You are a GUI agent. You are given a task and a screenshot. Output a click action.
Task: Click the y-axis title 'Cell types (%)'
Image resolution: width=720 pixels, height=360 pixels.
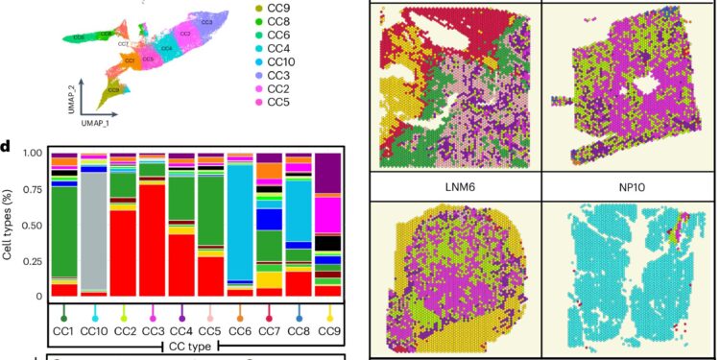[x=9, y=224]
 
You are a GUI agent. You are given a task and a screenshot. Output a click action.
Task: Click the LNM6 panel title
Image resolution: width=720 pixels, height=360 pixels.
[x=454, y=186]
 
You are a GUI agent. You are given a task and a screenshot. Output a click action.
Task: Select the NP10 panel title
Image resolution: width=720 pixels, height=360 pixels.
[x=630, y=186]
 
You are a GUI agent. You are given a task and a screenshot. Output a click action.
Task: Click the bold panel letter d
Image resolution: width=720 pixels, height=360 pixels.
[x=7, y=146]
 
